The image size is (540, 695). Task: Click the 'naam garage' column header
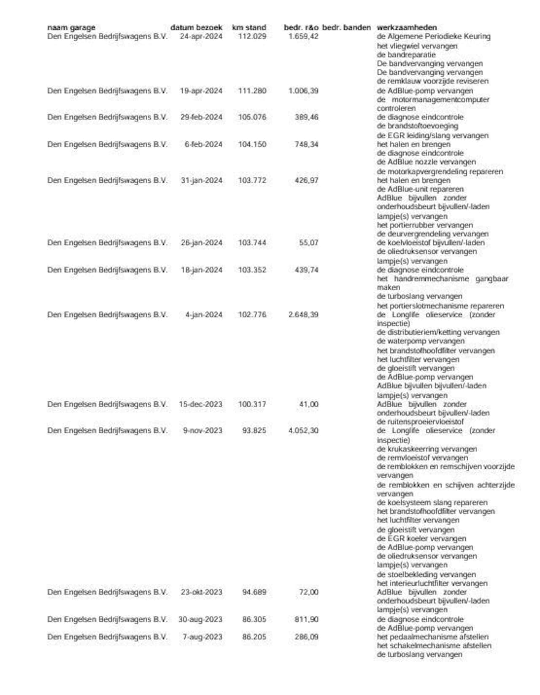pyautogui.click(x=71, y=27)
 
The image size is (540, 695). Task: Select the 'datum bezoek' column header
pyautogui.click(x=196, y=27)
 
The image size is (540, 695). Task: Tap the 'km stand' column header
pyautogui.click(x=249, y=27)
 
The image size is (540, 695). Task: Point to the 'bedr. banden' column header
pyautogui.click(x=346, y=27)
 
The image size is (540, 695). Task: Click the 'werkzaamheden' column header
pyautogui.click(x=407, y=27)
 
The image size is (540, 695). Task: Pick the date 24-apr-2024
pyautogui.click(x=201, y=36)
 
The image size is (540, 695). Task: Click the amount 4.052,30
pyautogui.click(x=303, y=431)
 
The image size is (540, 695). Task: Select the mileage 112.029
pyautogui.click(x=252, y=36)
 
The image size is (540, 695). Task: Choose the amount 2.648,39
pyautogui.click(x=303, y=315)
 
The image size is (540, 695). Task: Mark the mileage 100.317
pyautogui.click(x=252, y=404)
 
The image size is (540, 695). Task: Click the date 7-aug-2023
pyautogui.click(x=202, y=637)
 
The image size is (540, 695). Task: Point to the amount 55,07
pyautogui.click(x=308, y=243)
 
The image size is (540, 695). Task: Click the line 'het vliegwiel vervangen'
pyautogui.click(x=417, y=46)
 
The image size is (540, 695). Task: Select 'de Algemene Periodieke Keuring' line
pyautogui.click(x=433, y=36)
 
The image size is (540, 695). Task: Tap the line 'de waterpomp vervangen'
pyautogui.click(x=421, y=341)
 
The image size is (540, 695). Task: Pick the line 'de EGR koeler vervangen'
pyautogui.click(x=421, y=538)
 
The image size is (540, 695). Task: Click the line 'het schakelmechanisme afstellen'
pyautogui.click(x=434, y=646)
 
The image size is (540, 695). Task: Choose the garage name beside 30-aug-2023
pyautogui.click(x=107, y=619)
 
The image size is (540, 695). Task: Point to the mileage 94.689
pyautogui.click(x=254, y=592)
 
